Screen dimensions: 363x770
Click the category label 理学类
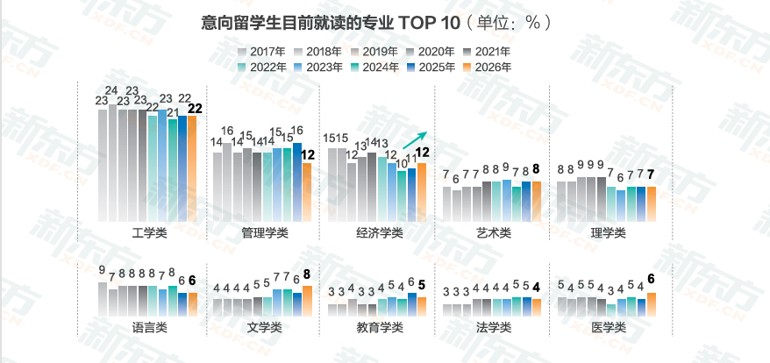click(x=608, y=232)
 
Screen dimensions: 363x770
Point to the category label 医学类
click(x=608, y=327)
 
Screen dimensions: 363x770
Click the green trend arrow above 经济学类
click(x=415, y=139)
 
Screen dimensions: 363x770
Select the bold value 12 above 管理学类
click(x=307, y=155)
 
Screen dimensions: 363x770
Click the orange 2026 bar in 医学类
click(x=651, y=303)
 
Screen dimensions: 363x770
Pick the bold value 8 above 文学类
click(x=307, y=274)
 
